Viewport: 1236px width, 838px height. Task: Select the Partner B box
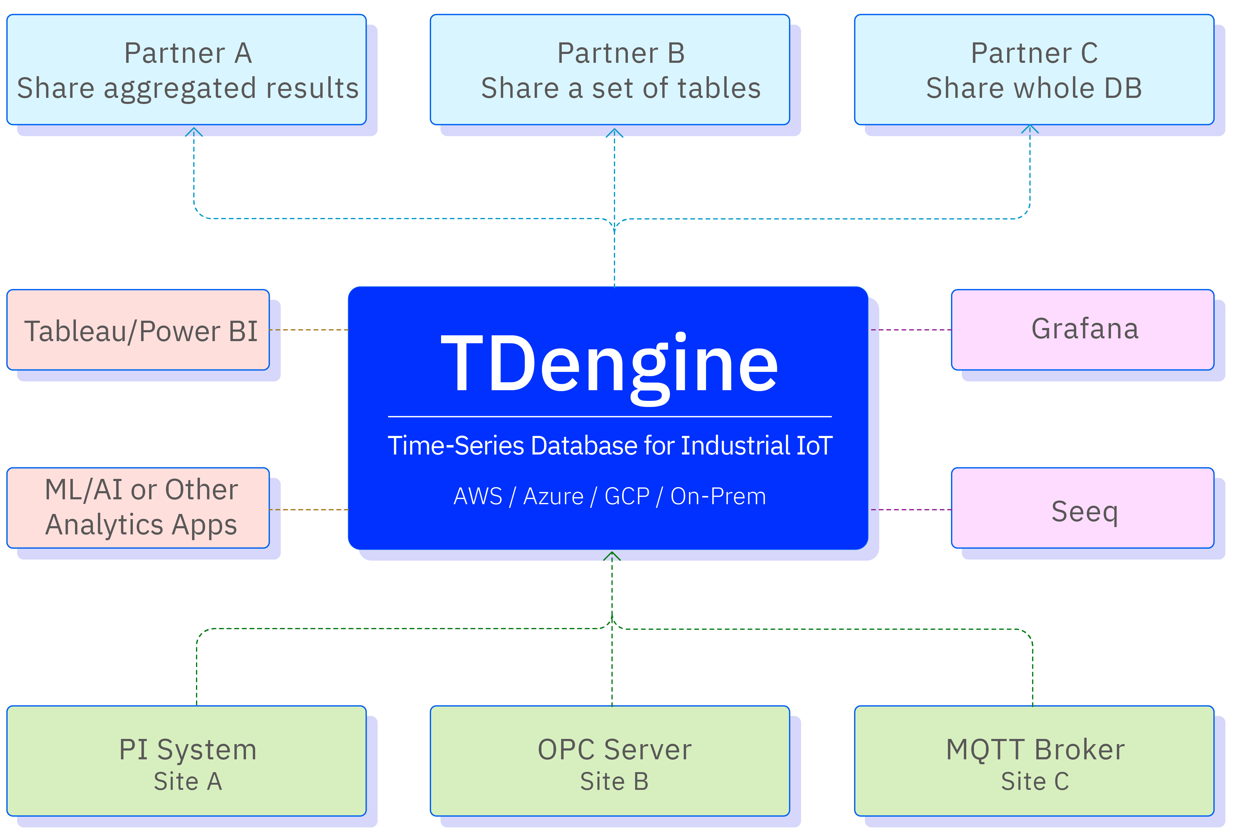(x=610, y=70)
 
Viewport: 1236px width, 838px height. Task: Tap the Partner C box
(x=1034, y=70)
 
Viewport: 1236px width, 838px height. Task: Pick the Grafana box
(x=1083, y=330)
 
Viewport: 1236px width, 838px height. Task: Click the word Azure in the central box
(x=553, y=497)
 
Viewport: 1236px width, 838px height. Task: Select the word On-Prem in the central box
(x=718, y=497)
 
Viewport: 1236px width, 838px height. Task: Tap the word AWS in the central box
(x=478, y=497)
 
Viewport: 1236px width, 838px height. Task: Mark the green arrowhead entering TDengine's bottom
(x=612, y=556)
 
